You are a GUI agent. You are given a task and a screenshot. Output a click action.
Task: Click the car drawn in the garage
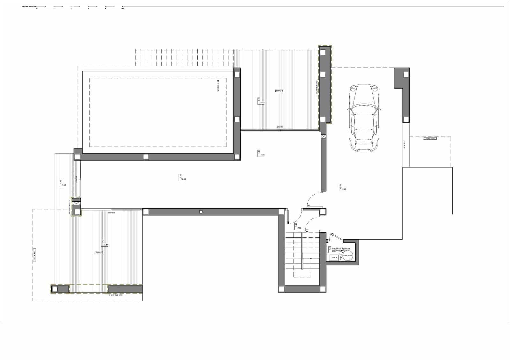(x=364, y=118)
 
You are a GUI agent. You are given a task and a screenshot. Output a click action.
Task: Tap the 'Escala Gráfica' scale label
(x=29, y=6)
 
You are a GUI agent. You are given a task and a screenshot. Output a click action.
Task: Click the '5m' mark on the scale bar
(x=123, y=9)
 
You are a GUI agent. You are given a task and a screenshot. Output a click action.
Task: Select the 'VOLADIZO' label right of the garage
(x=430, y=139)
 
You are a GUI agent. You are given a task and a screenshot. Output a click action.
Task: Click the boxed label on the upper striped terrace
(x=280, y=91)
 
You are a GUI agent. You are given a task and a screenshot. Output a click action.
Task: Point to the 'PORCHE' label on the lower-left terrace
(x=98, y=252)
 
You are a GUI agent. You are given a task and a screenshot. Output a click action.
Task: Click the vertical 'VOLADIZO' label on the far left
(x=34, y=255)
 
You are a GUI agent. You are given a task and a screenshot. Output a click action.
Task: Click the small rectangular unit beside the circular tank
(x=334, y=258)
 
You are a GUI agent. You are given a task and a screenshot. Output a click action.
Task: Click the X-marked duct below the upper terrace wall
(x=324, y=136)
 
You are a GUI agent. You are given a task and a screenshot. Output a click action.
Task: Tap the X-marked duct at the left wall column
(x=76, y=203)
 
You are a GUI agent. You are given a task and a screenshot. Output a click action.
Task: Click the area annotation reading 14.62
(x=183, y=179)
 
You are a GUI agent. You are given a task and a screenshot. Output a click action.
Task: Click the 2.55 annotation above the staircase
(x=299, y=228)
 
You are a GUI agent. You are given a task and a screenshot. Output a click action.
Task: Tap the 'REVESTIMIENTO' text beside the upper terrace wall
(x=317, y=87)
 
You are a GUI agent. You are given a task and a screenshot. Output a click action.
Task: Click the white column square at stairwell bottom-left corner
(x=282, y=289)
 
